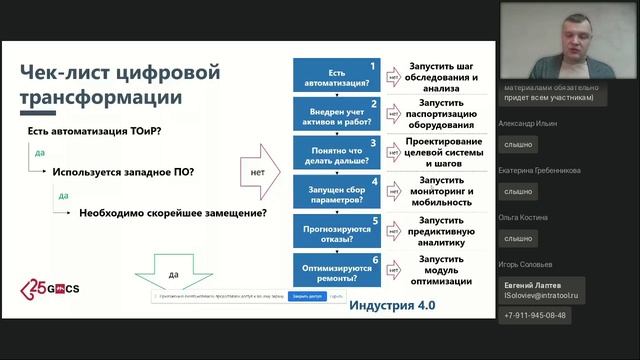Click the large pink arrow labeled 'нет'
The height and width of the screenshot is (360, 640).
[x=262, y=173]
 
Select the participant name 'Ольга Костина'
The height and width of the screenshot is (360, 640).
[x=523, y=217]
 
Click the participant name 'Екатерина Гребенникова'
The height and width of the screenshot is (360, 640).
[x=540, y=170]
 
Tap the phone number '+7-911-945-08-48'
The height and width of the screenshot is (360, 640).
[x=534, y=315]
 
